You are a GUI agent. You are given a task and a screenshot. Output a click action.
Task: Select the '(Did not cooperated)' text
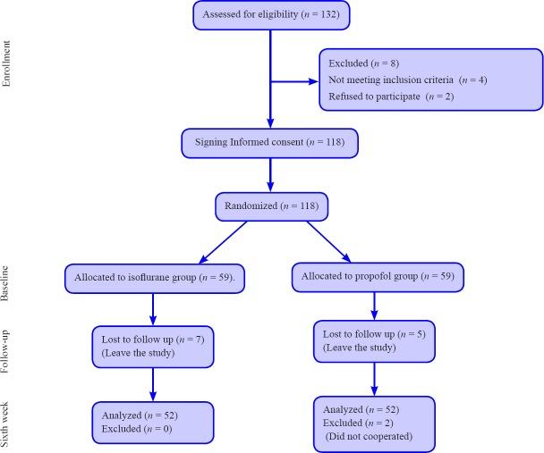(x=369, y=438)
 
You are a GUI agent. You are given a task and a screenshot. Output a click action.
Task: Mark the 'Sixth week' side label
(x=8, y=424)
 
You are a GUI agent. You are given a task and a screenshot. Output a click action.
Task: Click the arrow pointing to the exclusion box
(x=295, y=82)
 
